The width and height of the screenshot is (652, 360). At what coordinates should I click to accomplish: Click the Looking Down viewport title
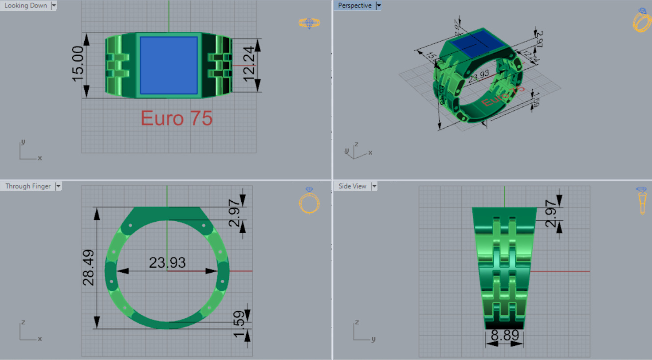(25, 5)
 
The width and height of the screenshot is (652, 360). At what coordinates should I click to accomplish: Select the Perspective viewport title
(354, 5)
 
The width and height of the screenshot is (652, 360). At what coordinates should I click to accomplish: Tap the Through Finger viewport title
(27, 186)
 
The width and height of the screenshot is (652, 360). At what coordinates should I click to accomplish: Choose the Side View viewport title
(353, 186)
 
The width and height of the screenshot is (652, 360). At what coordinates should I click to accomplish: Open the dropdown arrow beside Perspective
(379, 5)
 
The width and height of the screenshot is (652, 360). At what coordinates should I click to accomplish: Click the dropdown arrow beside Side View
(373, 186)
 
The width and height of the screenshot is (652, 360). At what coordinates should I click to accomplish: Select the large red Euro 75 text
(177, 118)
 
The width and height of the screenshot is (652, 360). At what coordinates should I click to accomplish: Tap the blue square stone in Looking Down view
(169, 65)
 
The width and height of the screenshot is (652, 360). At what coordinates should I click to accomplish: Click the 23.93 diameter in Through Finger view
(167, 262)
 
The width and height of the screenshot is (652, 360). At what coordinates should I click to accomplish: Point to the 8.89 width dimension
(505, 336)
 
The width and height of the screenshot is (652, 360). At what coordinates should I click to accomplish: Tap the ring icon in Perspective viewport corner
(641, 20)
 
